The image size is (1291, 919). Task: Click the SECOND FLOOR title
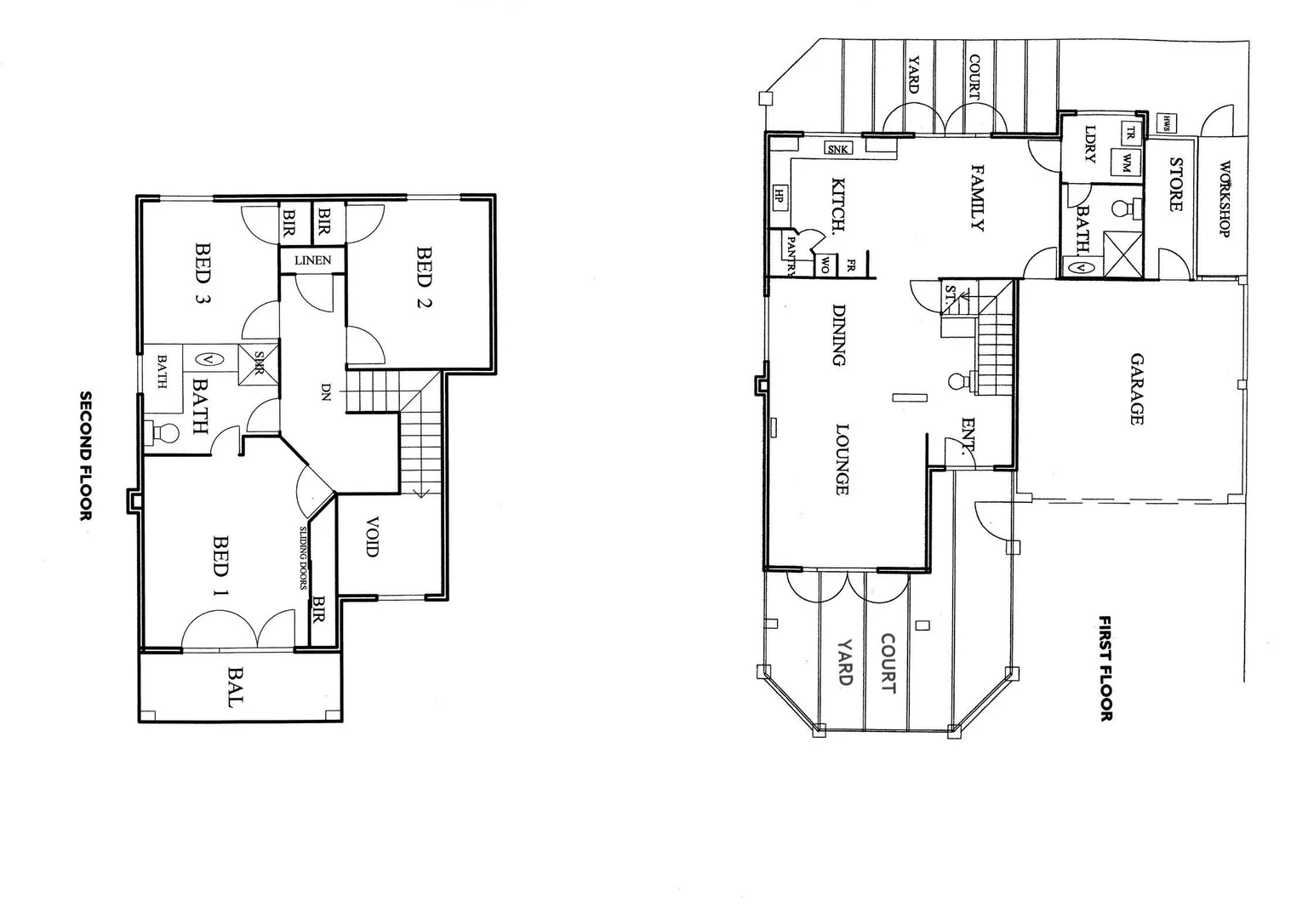[85, 455]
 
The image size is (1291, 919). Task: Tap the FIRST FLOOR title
[1105, 669]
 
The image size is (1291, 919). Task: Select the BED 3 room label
[203, 274]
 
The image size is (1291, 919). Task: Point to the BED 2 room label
[424, 277]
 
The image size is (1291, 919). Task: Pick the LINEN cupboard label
[312, 260]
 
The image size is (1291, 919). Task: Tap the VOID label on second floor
[372, 536]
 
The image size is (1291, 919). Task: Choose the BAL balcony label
[235, 688]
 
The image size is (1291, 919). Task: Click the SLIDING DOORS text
[303, 558]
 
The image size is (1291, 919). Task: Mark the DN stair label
[325, 392]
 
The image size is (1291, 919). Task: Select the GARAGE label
[1136, 389]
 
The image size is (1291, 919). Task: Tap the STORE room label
[1176, 185]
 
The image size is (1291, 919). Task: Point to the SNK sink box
[838, 149]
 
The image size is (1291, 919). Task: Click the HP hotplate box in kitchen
[779, 197]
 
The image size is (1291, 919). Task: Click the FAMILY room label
[977, 198]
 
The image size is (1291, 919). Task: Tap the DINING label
[839, 334]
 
